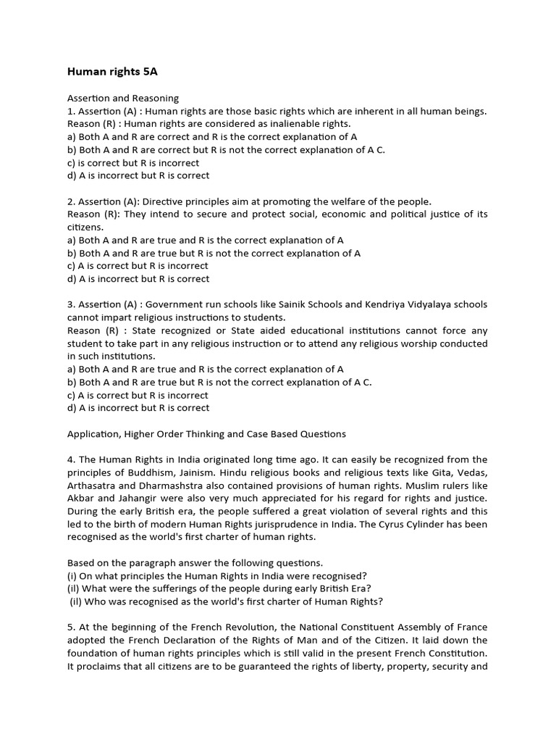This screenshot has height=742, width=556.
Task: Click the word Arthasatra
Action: pyautogui.click(x=94, y=485)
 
